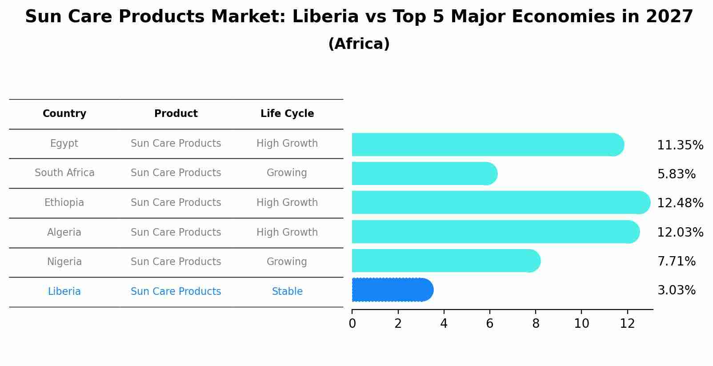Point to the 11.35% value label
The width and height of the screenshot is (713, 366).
click(x=680, y=145)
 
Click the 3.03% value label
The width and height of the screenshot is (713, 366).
click(x=676, y=290)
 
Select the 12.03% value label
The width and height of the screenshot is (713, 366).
click(x=680, y=232)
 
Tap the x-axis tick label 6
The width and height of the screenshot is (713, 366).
click(x=489, y=324)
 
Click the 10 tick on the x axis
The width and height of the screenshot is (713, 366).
click(x=581, y=324)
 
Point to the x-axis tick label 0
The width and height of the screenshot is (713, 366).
click(x=352, y=324)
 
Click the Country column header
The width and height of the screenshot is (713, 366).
click(x=64, y=114)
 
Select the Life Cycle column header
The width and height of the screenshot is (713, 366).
click(x=287, y=114)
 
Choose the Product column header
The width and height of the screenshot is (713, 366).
click(x=176, y=114)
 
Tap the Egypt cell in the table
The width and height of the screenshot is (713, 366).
click(x=64, y=144)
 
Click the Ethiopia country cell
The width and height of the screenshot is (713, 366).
click(x=64, y=203)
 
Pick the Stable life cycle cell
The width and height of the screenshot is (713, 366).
click(x=287, y=292)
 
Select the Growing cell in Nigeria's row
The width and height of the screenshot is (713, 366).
click(x=287, y=262)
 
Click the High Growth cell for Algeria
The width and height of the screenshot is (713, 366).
click(x=287, y=233)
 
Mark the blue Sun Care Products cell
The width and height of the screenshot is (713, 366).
click(x=176, y=292)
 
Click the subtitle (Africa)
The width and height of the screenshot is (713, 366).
click(x=359, y=44)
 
